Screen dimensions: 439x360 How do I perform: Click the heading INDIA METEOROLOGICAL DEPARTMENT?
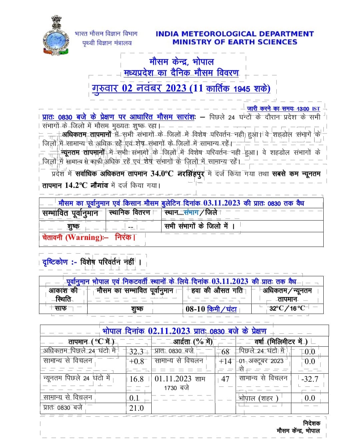[235, 34]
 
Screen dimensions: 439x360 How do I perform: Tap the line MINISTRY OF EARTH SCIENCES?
[235, 42]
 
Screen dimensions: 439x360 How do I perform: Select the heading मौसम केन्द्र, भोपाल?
[181, 62]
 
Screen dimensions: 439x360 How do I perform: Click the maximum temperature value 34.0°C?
[162, 174]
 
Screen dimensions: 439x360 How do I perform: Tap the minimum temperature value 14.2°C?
[76, 185]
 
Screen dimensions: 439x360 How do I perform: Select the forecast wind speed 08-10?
[195, 309]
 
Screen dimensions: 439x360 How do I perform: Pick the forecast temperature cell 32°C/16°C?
[287, 308]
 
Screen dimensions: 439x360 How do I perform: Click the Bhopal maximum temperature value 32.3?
[136, 352]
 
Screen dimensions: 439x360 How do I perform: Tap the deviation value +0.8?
[136, 361]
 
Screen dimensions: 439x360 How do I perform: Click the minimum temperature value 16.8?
[136, 379]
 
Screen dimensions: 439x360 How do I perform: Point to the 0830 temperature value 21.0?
[136, 408]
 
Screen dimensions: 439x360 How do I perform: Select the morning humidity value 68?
[225, 352]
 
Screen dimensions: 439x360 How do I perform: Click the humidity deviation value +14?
[225, 361]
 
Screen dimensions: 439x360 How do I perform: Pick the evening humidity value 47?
[225, 379]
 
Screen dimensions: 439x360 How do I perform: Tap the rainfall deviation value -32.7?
[310, 379]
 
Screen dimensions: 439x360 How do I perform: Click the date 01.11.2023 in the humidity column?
[173, 379]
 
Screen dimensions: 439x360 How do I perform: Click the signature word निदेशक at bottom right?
[312, 423]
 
